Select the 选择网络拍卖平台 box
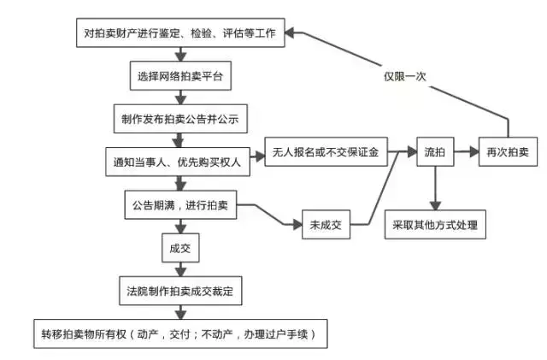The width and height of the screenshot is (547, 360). point(180,76)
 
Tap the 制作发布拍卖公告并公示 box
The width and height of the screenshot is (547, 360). point(180,119)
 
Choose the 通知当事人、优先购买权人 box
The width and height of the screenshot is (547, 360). point(179,160)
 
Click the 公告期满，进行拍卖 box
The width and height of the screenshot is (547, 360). point(179,205)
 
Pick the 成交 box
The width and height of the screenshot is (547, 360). point(179,250)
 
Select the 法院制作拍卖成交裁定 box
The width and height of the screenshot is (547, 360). point(179,291)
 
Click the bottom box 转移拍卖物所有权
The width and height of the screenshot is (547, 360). point(179,333)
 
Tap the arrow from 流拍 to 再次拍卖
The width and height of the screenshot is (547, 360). point(467,151)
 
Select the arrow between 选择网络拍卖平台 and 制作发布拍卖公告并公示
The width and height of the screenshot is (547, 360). point(180,97)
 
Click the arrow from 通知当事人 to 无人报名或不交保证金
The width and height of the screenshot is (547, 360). point(253,155)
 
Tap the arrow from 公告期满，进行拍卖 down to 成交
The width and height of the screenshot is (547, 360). point(179,227)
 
